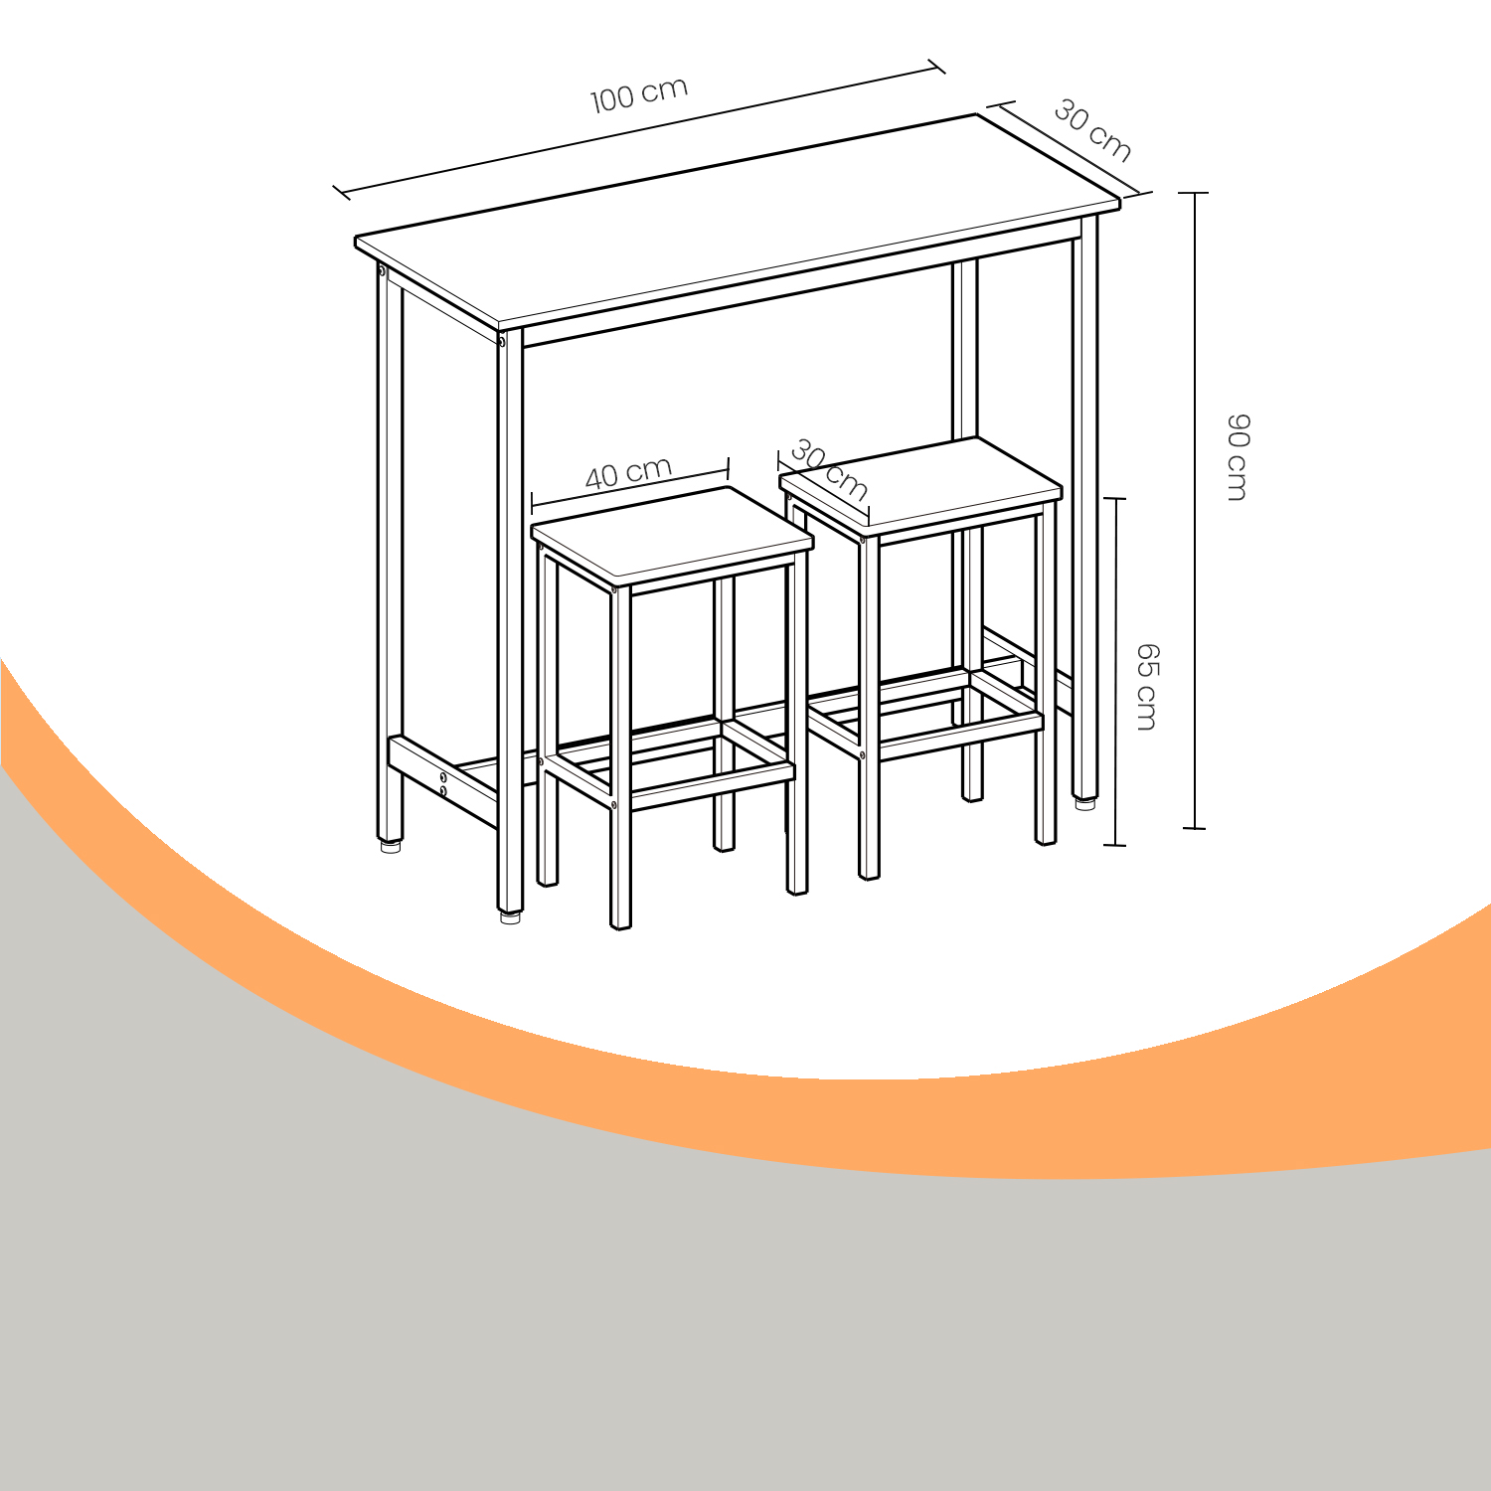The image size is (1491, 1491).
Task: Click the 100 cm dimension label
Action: (639, 94)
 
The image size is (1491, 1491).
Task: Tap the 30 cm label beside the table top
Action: (1092, 130)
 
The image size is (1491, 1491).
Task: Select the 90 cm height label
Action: (1237, 457)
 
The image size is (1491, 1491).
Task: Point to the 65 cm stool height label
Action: (1147, 687)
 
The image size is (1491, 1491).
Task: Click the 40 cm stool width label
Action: (628, 473)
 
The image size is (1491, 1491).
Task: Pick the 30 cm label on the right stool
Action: (829, 470)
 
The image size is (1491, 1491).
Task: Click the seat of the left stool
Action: (672, 535)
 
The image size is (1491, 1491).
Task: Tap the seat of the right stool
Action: (921, 486)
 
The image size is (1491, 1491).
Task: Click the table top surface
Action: (738, 221)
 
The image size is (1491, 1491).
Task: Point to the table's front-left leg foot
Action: (510, 917)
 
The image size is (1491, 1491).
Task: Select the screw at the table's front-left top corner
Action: (502, 342)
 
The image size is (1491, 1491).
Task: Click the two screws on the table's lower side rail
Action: (443, 783)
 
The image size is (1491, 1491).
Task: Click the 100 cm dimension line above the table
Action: (638, 128)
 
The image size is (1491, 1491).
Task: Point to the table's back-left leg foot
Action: (391, 847)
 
